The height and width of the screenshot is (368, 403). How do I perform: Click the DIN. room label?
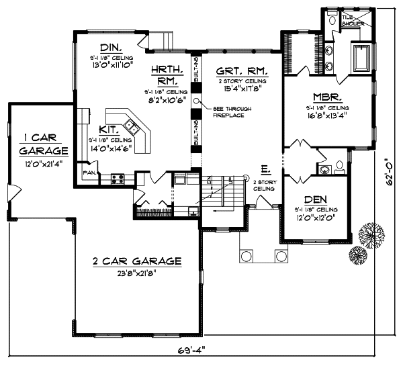(x=110, y=48)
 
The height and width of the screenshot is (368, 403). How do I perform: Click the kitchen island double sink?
(x=133, y=126)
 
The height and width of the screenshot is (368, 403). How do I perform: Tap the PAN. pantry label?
(x=88, y=173)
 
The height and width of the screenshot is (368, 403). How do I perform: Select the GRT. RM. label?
(x=243, y=70)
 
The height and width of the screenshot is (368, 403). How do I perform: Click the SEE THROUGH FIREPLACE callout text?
(x=228, y=111)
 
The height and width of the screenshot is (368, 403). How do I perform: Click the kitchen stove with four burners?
(x=118, y=179)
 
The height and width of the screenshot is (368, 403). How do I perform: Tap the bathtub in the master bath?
(x=361, y=59)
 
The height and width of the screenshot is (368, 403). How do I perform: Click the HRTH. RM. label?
(x=165, y=75)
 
